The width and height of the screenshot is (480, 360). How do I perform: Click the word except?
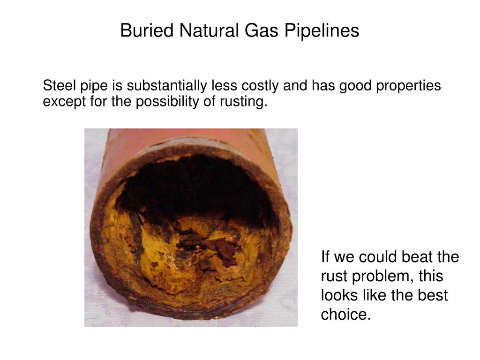click(x=60, y=102)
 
